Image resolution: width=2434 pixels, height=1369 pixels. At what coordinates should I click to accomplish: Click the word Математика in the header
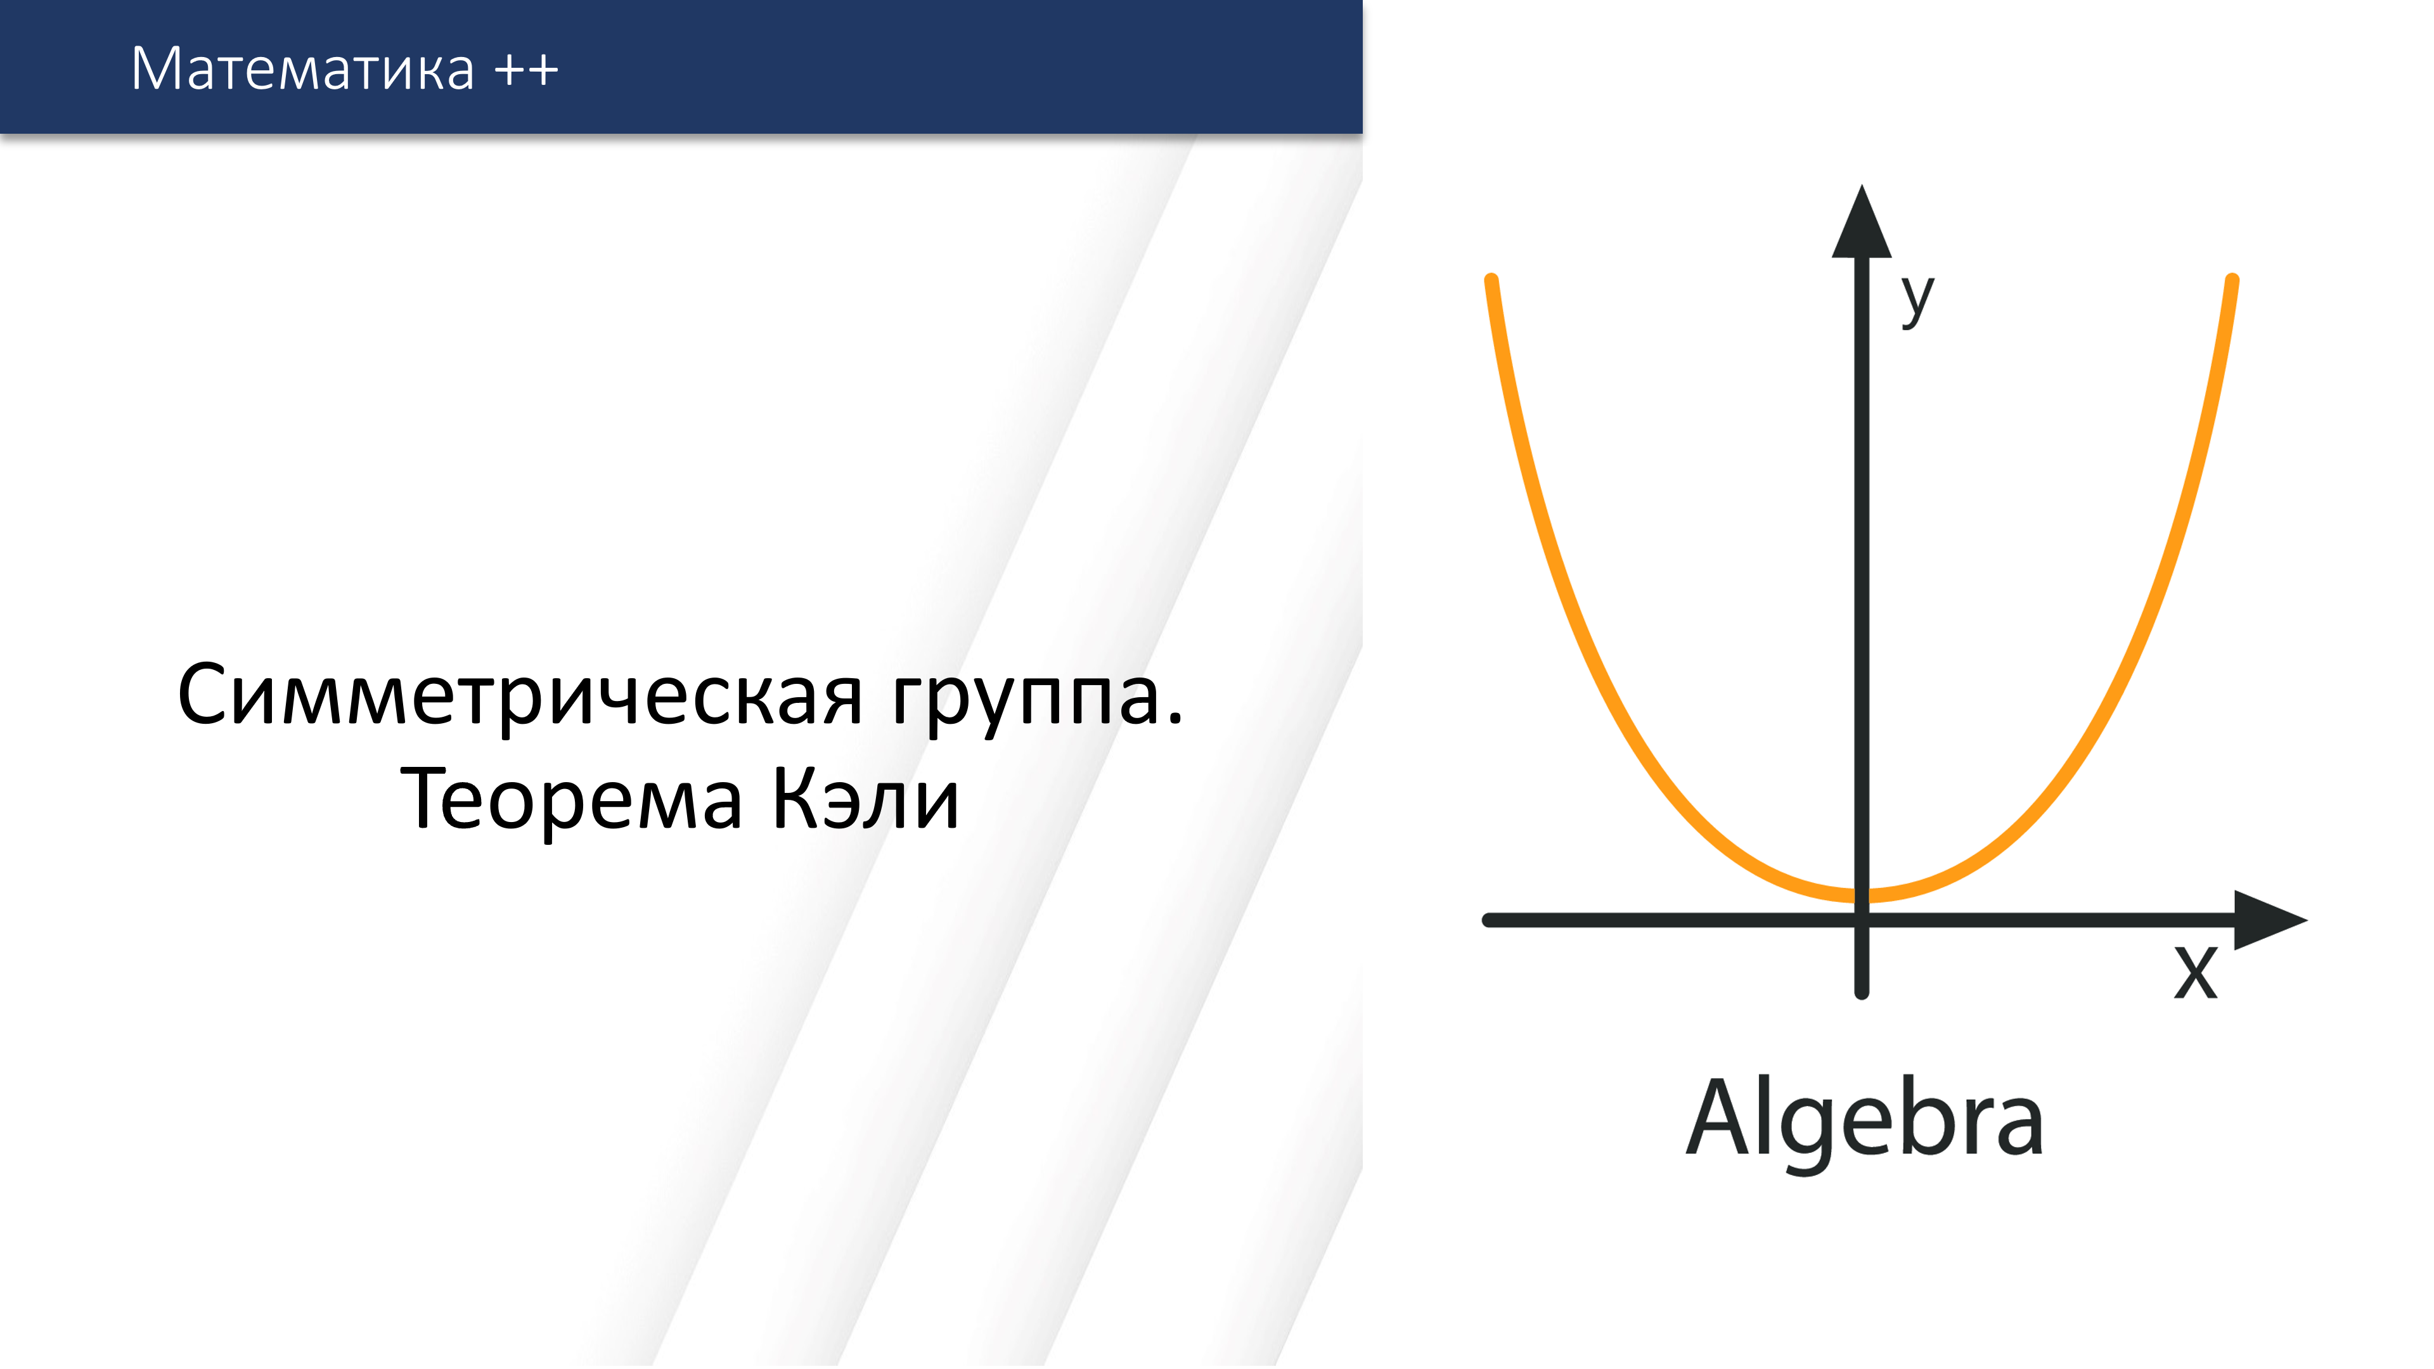302,69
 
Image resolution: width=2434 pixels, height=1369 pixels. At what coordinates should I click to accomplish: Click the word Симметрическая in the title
520,697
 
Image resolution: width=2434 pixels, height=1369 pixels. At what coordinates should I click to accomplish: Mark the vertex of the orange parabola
1862,895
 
